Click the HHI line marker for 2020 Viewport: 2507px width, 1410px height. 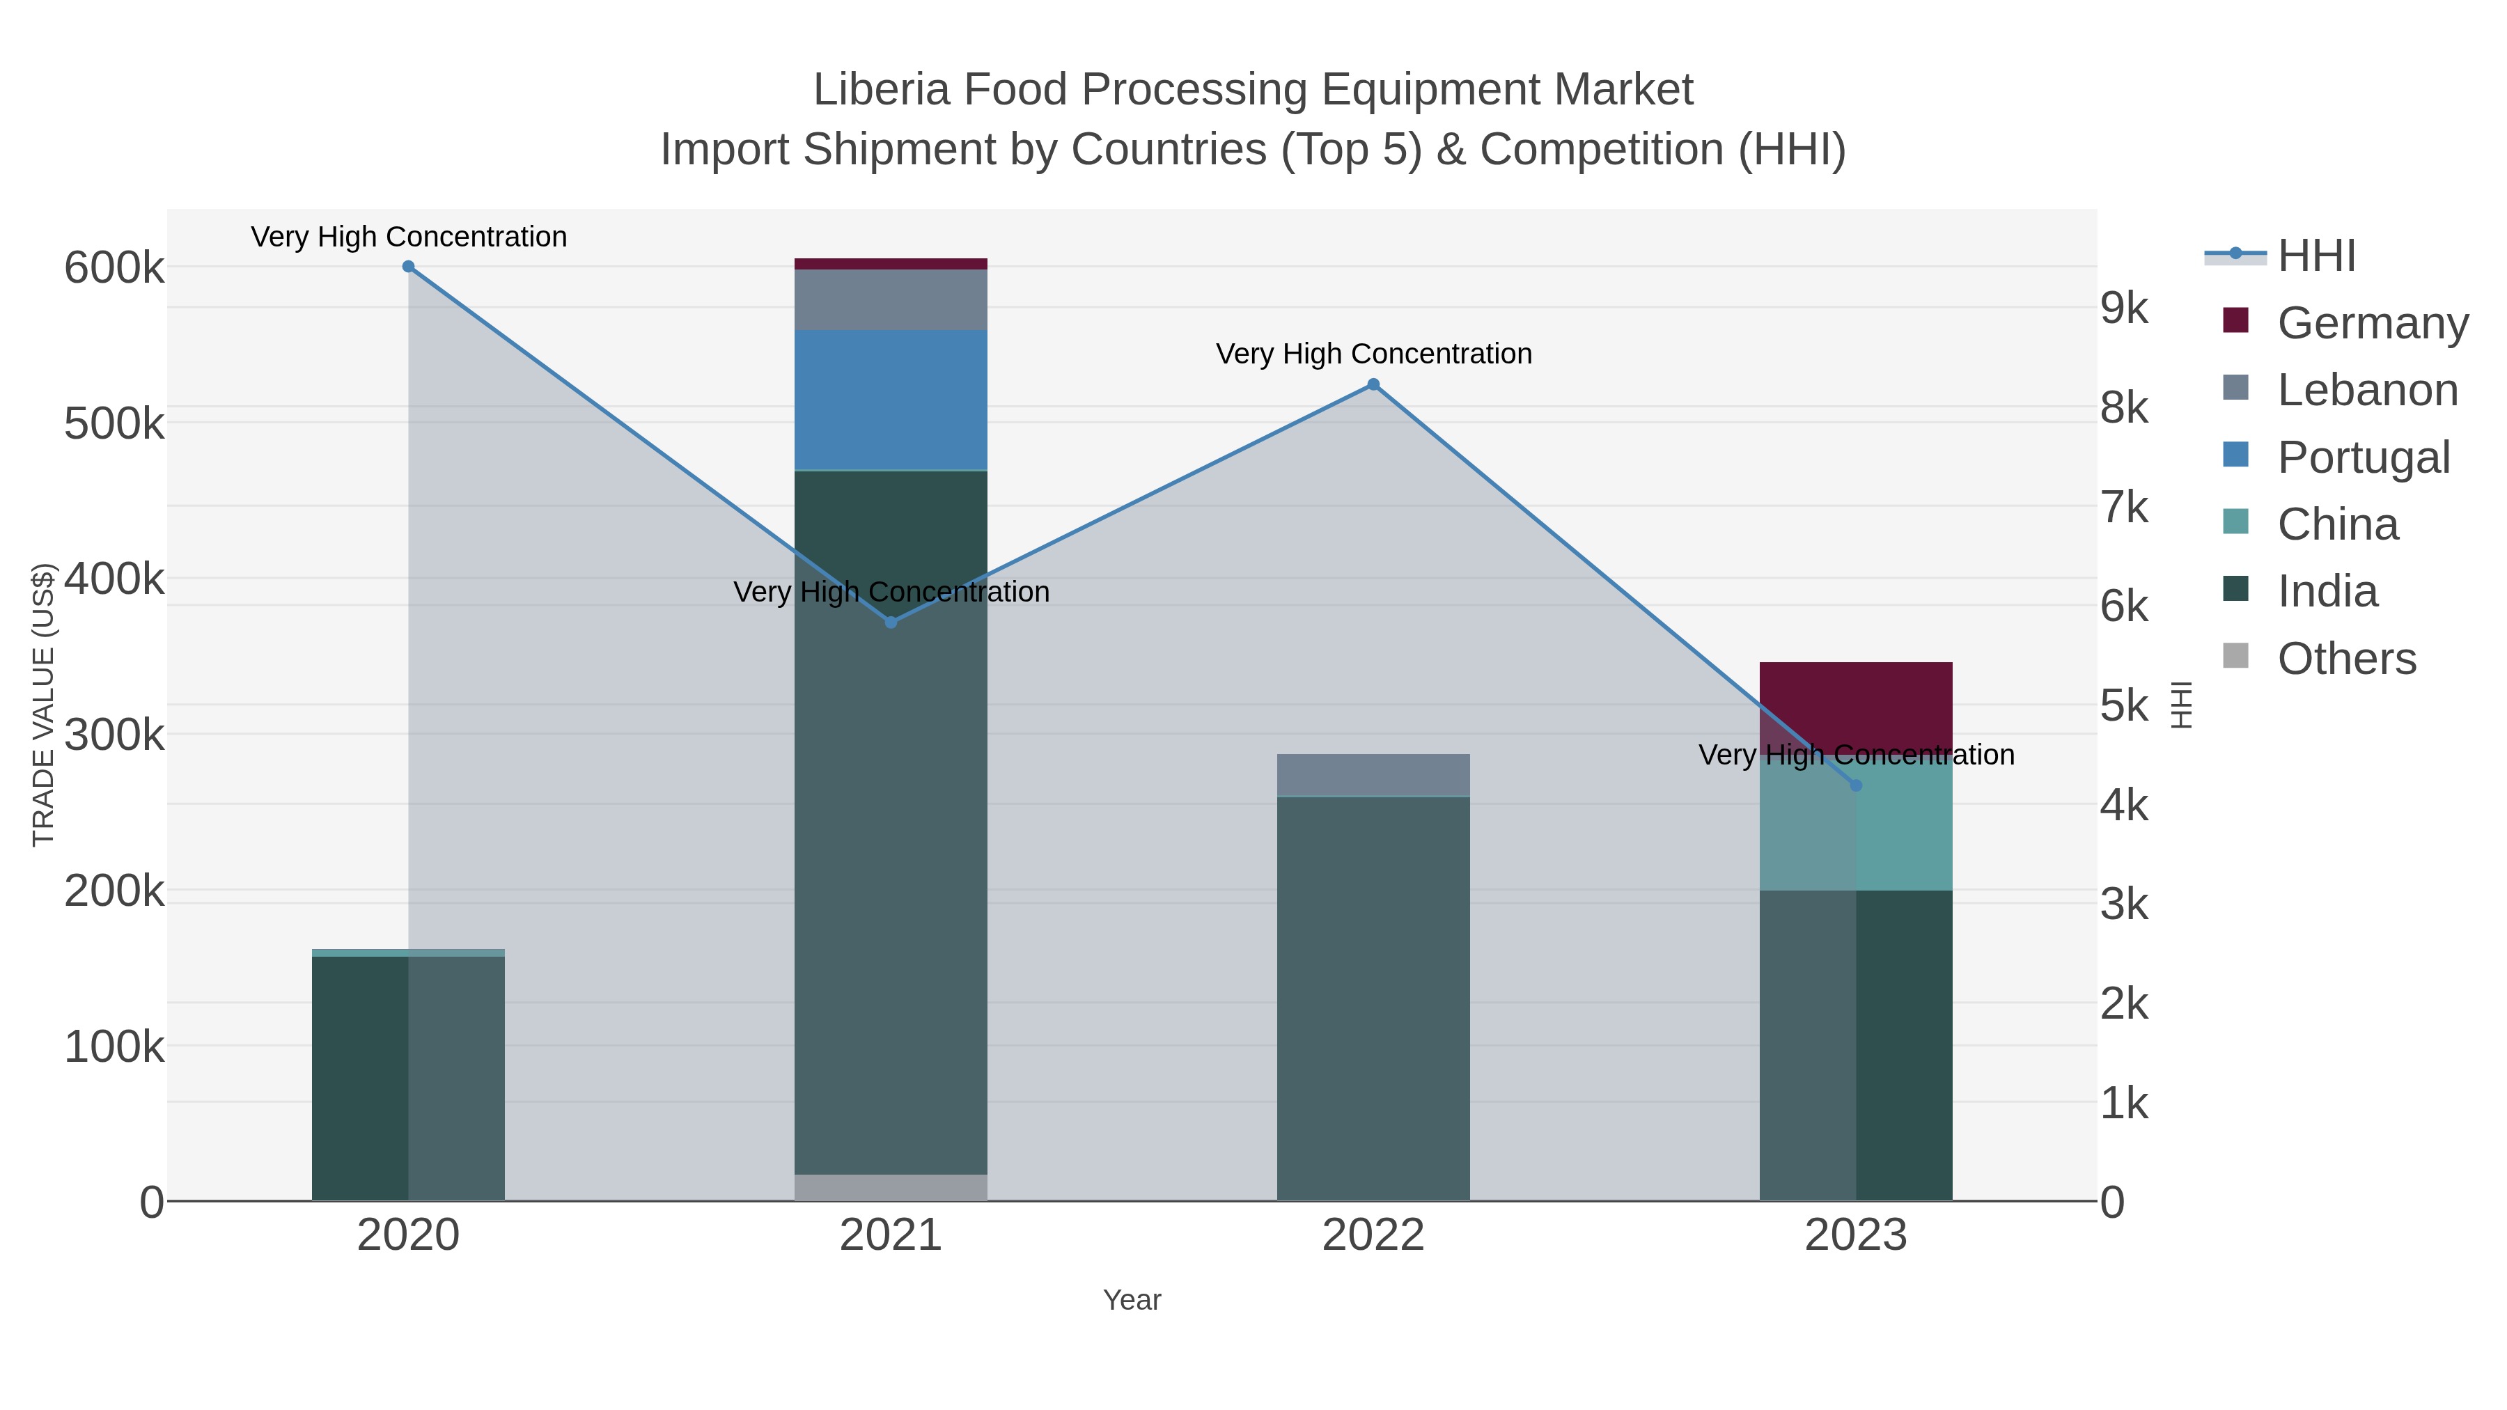[408, 267]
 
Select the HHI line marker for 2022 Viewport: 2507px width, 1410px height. [1373, 384]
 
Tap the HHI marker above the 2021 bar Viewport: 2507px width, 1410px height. [891, 622]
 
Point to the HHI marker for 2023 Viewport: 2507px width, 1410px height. [1856, 785]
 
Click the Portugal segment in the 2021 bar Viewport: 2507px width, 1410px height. [891, 400]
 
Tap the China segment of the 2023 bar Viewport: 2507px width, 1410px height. [1856, 827]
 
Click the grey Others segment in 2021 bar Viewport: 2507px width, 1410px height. [891, 1187]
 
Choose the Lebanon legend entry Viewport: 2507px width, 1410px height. [2367, 390]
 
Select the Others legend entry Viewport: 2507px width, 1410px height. [2346, 659]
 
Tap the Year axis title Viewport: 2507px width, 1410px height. [1132, 1300]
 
